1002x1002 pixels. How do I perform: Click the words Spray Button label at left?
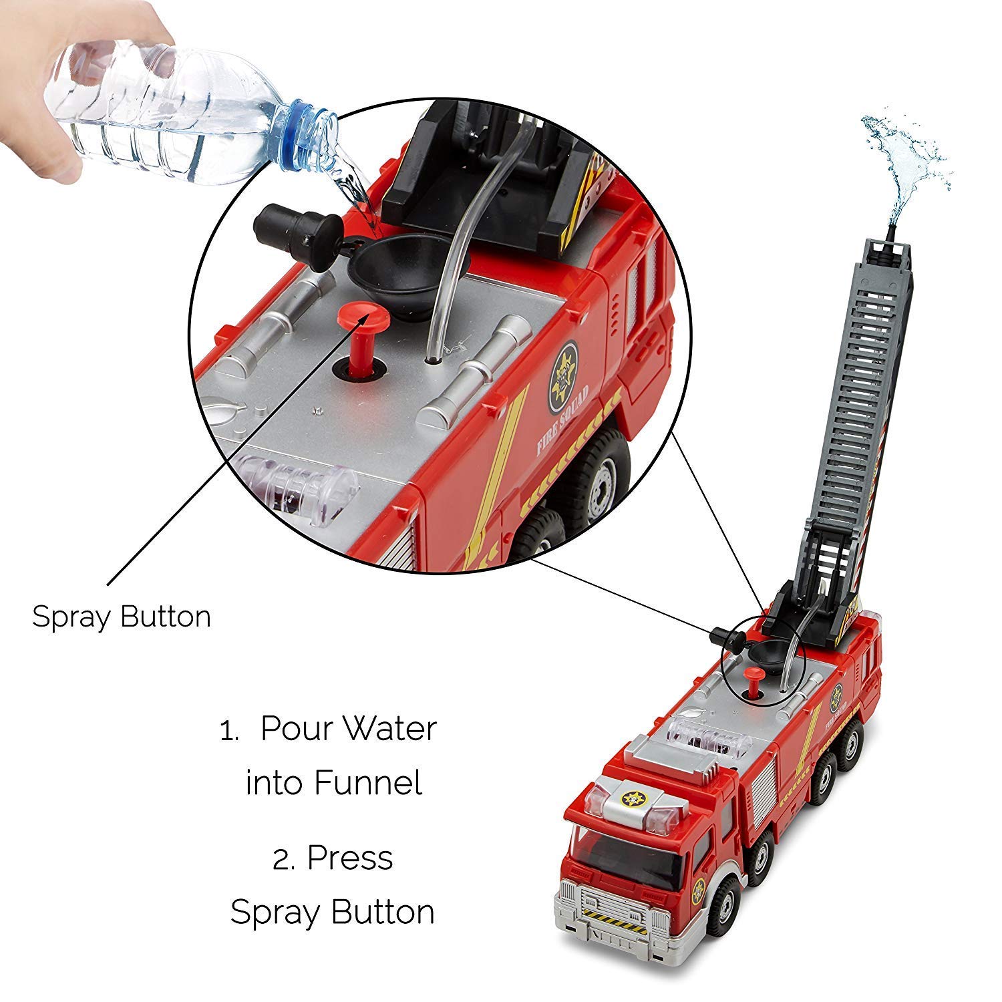point(122,616)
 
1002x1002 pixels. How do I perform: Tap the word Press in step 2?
point(349,858)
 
